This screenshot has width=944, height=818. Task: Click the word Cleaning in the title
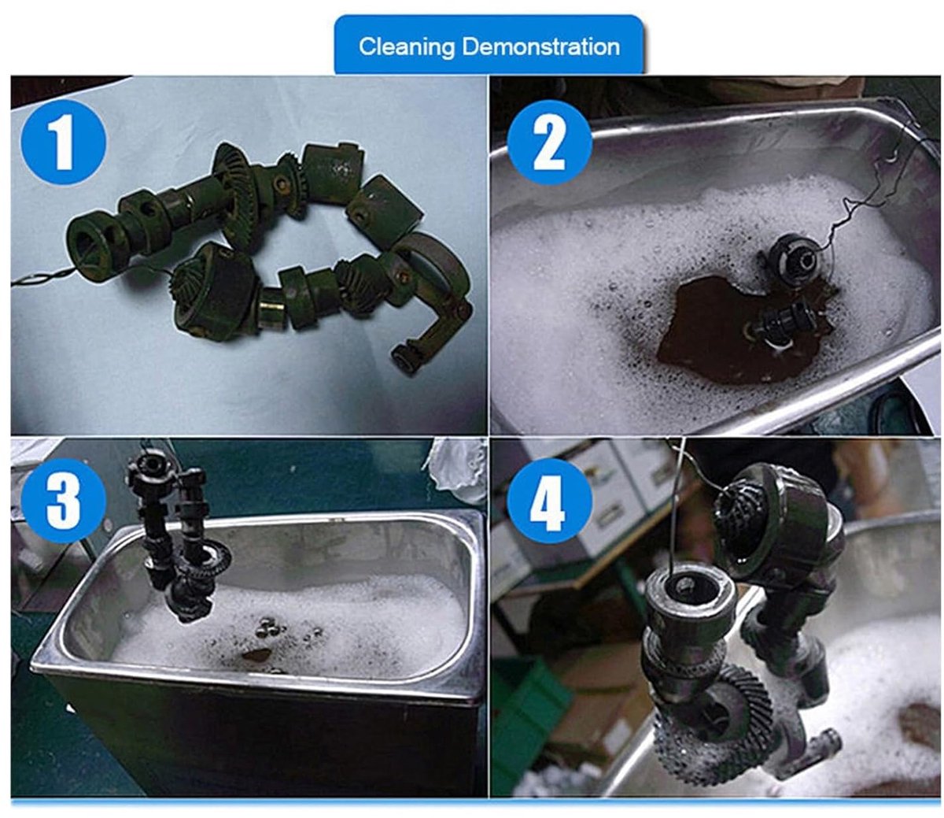[406, 47]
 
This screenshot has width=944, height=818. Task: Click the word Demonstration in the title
[541, 46]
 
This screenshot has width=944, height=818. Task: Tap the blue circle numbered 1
[63, 143]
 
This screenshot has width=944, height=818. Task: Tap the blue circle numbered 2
[549, 143]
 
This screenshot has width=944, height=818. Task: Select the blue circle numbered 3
[63, 501]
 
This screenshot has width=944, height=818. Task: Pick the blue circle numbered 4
[549, 501]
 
